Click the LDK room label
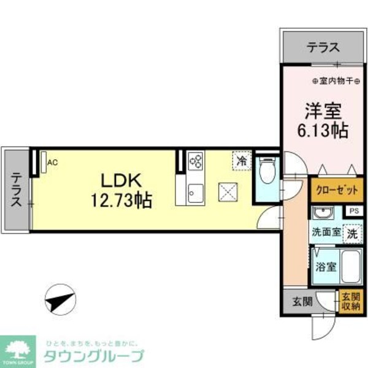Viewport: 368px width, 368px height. click(x=121, y=180)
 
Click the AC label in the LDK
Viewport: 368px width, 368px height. click(x=52, y=162)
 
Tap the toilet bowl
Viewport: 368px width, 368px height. click(x=267, y=172)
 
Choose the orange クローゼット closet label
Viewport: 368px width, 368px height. click(x=336, y=190)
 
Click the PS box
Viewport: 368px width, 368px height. click(x=353, y=211)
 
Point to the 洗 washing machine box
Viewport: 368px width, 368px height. click(x=351, y=233)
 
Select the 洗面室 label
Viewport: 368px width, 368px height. click(x=325, y=233)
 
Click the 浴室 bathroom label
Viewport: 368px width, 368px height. click(x=326, y=267)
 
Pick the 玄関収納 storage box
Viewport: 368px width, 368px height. click(x=351, y=301)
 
